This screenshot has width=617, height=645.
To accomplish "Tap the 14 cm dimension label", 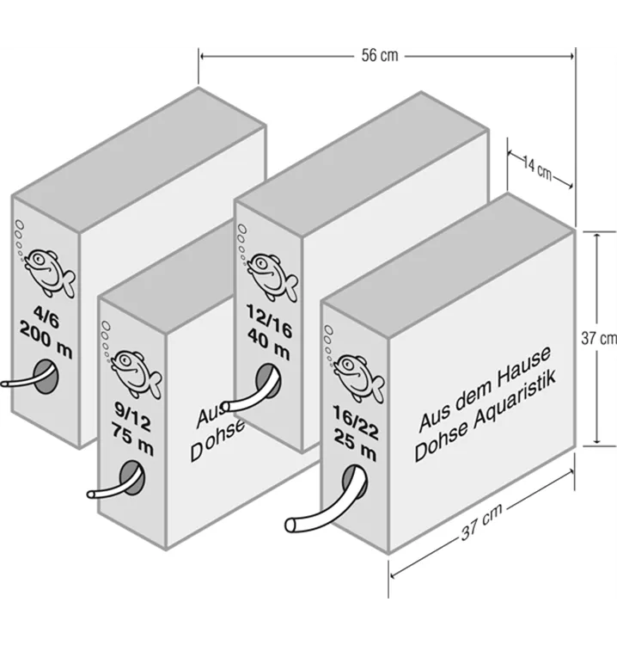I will click(x=539, y=170).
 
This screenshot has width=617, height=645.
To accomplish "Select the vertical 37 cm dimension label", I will click(x=598, y=339).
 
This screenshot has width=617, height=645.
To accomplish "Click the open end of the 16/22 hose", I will click(x=293, y=524).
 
